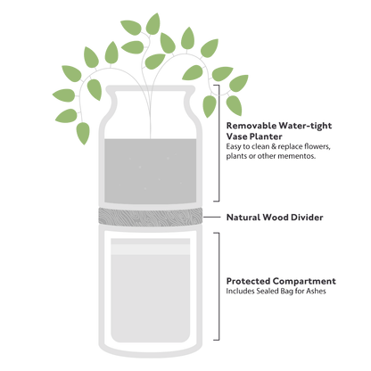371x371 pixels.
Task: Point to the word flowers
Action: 317,146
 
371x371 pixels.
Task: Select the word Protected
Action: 248,281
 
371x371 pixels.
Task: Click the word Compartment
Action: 304,281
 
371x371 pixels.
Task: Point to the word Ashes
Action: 316,291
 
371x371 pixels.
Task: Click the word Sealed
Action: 268,291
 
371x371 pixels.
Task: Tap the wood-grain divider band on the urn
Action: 151,217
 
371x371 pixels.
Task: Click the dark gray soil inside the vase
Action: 151,171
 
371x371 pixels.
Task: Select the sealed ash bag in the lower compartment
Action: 151,291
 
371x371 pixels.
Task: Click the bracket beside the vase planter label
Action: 218,143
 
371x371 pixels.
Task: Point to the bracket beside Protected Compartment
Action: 218,286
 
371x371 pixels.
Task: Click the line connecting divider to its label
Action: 211,218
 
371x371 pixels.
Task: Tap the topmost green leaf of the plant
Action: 153,24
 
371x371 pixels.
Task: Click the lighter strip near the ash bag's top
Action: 151,250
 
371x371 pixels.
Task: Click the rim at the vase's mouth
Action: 151,88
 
